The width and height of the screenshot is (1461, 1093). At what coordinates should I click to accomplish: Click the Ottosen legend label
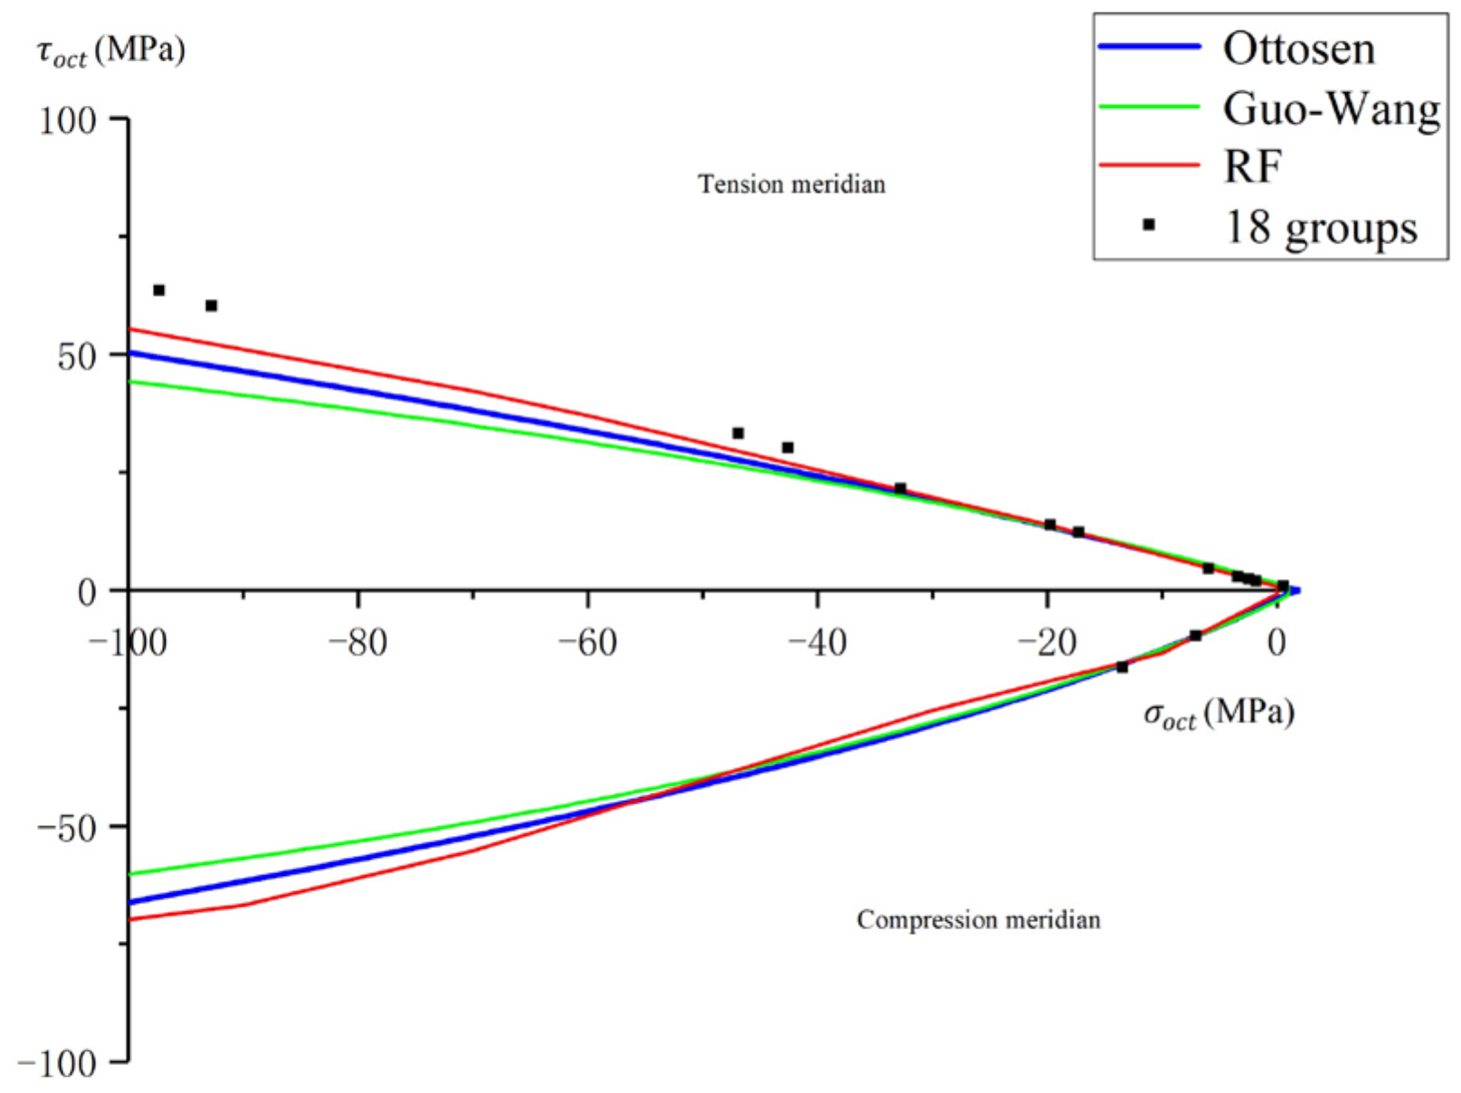pos(1298,49)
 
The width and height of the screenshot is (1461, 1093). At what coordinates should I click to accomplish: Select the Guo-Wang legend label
pos(1331,109)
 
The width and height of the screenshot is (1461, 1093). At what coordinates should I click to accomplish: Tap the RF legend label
pos(1252,166)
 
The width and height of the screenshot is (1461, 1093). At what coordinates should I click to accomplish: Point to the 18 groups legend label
pos(1320,226)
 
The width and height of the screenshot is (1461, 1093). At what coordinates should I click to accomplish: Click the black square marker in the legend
pos(1149,224)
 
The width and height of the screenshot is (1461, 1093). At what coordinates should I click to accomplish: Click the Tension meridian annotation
pos(792,185)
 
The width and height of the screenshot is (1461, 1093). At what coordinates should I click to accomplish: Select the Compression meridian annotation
pos(978,920)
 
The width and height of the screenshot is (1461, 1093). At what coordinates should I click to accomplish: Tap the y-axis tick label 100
pos(67,120)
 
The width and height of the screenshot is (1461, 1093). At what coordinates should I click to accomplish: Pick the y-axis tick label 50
pos(76,356)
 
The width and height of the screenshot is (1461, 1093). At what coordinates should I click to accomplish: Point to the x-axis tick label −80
pos(357,643)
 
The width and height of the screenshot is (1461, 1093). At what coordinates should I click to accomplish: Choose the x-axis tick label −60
pos(587,643)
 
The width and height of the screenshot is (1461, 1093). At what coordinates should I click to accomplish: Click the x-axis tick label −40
pos(817,643)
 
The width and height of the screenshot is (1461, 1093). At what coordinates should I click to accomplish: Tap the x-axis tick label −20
pos(1047,643)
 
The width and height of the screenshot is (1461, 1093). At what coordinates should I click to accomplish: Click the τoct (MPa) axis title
pos(111,51)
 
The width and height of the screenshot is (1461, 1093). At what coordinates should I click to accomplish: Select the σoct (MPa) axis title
pos(1219,714)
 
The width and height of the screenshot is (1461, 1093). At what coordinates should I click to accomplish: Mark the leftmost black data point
pos(159,290)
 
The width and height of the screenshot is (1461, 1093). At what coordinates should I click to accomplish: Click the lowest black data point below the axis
pos(1122,667)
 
